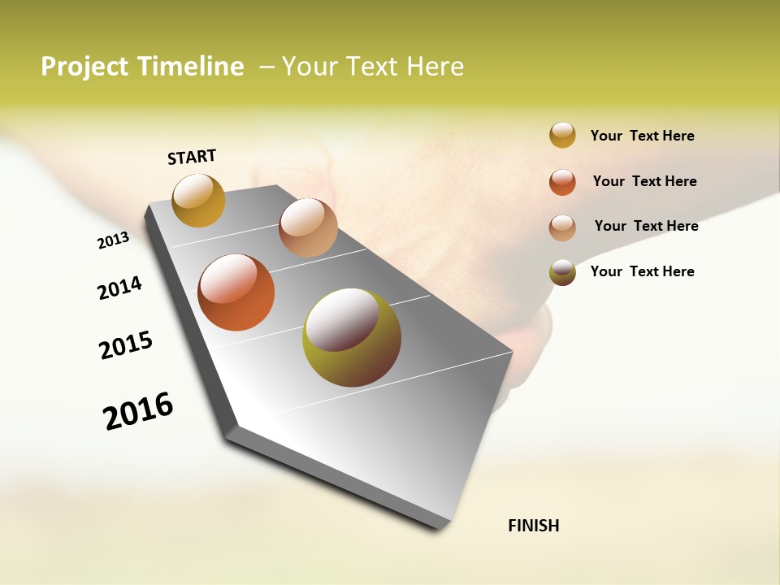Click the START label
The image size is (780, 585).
click(192, 157)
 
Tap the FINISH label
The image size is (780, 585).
click(533, 526)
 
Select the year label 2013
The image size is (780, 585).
click(113, 240)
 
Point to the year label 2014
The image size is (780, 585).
click(119, 288)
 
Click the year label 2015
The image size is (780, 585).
click(126, 345)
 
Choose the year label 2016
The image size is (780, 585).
click(138, 411)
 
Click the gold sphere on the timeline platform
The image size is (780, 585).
click(199, 200)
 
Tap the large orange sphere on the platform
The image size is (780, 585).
click(236, 292)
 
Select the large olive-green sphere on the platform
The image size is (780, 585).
click(352, 337)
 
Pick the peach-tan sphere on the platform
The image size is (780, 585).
click(308, 227)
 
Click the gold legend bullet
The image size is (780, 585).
click(562, 135)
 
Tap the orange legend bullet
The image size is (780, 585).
click(562, 182)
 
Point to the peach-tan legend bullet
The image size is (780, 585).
click(562, 227)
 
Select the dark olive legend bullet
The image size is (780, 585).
click(562, 272)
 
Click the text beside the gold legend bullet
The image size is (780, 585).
click(642, 136)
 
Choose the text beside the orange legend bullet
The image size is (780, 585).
click(644, 181)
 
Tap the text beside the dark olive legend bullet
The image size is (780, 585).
click(642, 271)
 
